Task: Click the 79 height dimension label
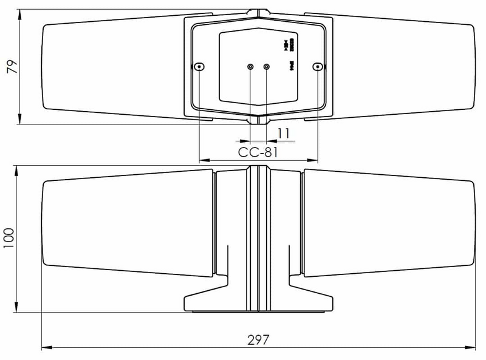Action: tap(11, 67)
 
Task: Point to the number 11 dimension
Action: tap(283, 133)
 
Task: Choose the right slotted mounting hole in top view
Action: tap(316, 66)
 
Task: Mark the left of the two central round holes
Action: tap(250, 67)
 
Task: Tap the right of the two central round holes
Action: tap(267, 67)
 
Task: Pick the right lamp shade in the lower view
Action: tap(389, 222)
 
